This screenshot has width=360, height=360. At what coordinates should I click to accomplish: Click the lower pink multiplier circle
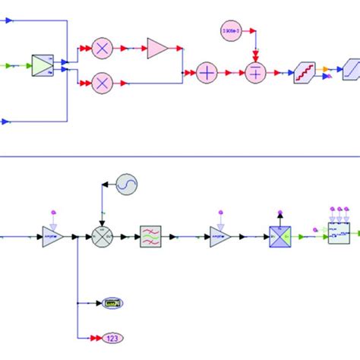pyautogui.click(x=102, y=82)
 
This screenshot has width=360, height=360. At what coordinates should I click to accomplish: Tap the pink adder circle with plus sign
pyautogui.click(x=207, y=73)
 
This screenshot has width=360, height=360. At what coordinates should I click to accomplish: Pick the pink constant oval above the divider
pyautogui.click(x=230, y=30)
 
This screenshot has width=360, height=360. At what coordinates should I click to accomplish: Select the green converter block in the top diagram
pyautogui.click(x=43, y=66)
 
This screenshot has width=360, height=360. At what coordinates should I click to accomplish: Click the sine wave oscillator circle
pyautogui.click(x=125, y=185)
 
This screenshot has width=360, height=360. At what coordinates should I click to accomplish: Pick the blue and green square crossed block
pyautogui.click(x=279, y=236)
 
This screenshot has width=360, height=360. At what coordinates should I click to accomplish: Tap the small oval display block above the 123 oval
pyautogui.click(x=114, y=303)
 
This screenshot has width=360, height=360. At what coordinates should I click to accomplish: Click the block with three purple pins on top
pyautogui.click(x=337, y=234)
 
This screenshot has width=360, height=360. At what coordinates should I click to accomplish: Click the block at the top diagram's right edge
pyautogui.click(x=351, y=74)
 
